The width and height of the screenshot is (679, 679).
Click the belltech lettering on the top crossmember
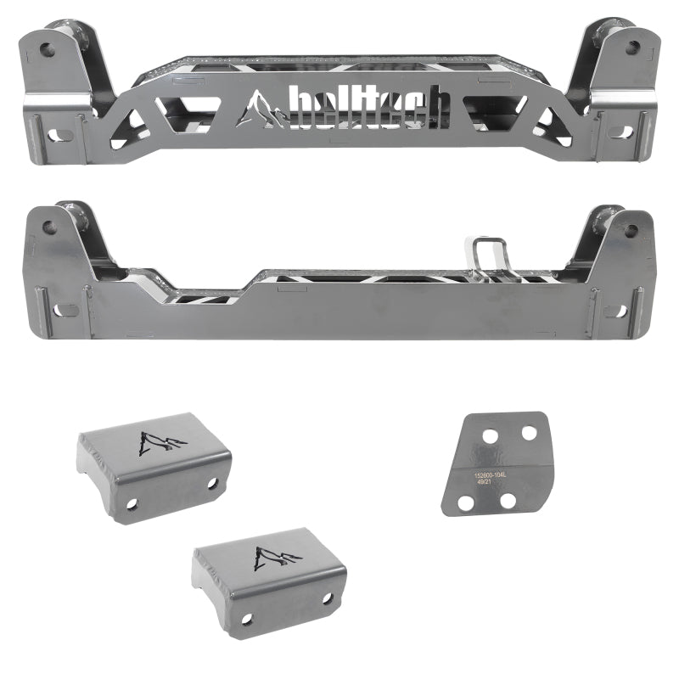point(369,107)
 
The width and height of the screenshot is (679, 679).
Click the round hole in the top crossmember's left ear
point(48,50)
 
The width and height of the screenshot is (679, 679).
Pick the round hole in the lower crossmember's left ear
point(49,227)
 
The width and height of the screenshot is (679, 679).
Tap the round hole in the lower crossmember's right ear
point(630,230)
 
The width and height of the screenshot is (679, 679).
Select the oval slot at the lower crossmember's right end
point(619,311)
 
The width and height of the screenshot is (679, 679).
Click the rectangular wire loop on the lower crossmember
point(486,255)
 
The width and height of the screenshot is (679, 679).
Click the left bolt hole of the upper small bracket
point(132,502)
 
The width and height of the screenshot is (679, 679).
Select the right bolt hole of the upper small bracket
point(211,483)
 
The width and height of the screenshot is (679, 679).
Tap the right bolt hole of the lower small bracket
point(328,598)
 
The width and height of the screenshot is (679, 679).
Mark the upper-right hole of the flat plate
point(529,432)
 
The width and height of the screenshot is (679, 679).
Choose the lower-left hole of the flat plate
point(465,503)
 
